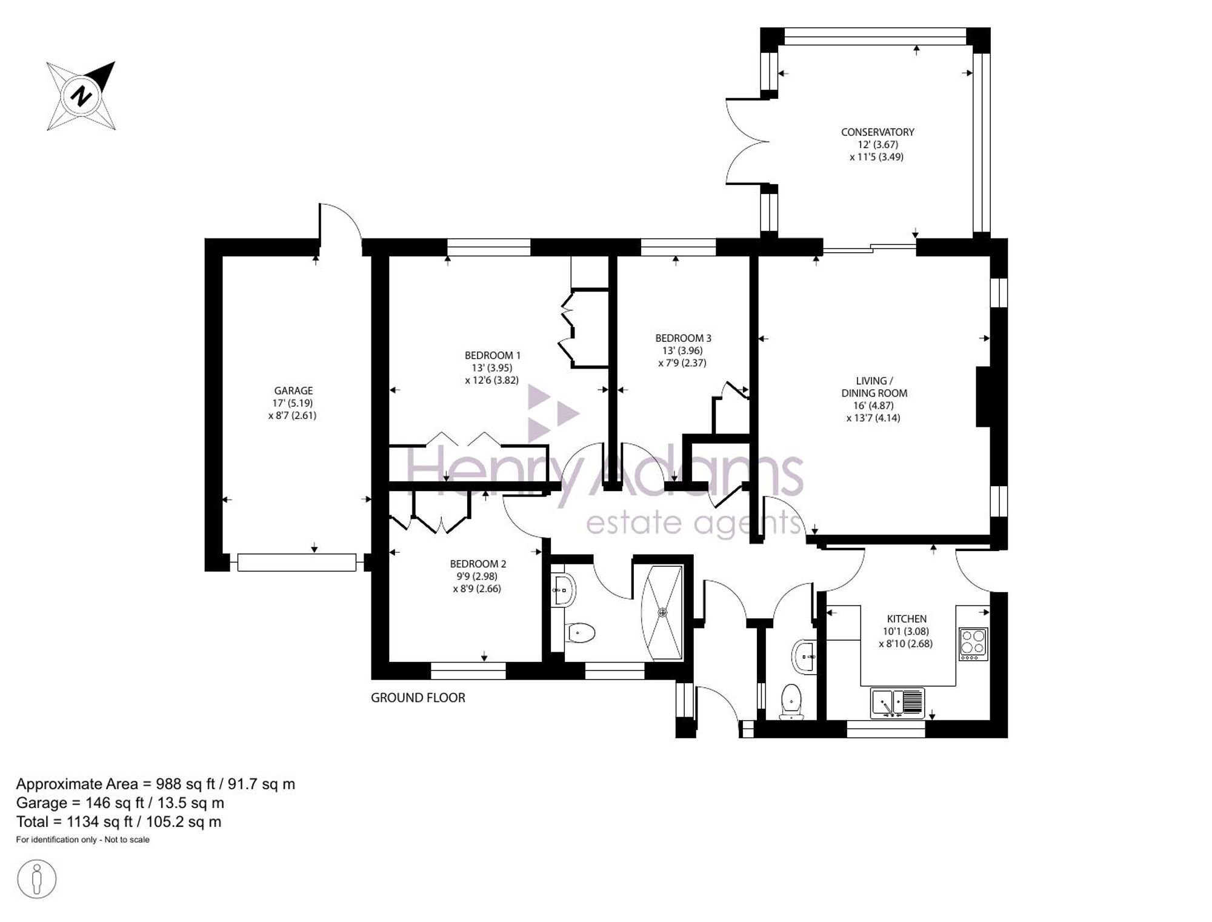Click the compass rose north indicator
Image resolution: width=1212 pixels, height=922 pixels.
click(x=81, y=96)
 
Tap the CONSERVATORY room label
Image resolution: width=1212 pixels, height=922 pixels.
click(x=877, y=132)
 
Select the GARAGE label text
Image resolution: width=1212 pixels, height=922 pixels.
click(x=293, y=391)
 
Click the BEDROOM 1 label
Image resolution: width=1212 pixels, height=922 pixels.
click(x=492, y=356)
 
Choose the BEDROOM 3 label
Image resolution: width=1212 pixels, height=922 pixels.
click(x=683, y=338)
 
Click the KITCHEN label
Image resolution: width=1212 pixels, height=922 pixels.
click(x=907, y=619)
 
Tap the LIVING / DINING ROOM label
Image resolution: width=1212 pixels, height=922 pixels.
click(x=874, y=387)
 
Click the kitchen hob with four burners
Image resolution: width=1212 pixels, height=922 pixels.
click(x=973, y=644)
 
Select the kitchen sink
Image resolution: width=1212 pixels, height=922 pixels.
click(x=897, y=703)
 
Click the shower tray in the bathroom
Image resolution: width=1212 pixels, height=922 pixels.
click(x=662, y=612)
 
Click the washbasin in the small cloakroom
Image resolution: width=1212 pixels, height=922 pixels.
click(x=804, y=655)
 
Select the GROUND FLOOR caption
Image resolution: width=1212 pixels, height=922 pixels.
click(x=418, y=698)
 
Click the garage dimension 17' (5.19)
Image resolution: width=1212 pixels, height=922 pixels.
click(x=293, y=403)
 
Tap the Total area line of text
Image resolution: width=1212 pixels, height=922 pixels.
click(x=119, y=822)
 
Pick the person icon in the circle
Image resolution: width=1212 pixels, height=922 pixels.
click(x=37, y=878)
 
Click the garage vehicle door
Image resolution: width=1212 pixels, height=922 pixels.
click(x=297, y=563)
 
